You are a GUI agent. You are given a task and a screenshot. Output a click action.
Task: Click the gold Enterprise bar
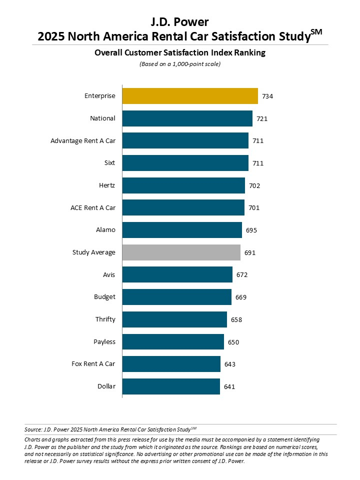pos(190,96)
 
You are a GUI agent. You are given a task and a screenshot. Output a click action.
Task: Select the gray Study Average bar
pos(181,252)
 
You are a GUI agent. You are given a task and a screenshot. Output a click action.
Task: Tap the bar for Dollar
pos(171,386)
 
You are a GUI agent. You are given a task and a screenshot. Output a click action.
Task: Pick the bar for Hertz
pos(183,185)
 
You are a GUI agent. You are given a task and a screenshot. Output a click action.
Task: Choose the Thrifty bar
pos(174,319)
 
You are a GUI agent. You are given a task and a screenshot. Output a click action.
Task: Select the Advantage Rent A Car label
pos(83,141)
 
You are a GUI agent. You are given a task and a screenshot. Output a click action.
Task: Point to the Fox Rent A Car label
pos(93,364)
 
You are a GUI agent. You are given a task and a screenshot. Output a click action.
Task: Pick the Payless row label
pos(104,342)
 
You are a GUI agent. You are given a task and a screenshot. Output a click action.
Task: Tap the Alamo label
pos(106,230)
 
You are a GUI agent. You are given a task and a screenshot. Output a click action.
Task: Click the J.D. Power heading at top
pos(179,22)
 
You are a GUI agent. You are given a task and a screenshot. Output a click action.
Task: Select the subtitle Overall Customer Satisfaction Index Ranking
pos(179,52)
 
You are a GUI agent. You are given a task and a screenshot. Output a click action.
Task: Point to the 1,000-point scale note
pos(179,64)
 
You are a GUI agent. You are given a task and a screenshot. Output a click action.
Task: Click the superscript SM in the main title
pos(316,32)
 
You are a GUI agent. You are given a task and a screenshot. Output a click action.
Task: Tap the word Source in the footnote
pos(32,429)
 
